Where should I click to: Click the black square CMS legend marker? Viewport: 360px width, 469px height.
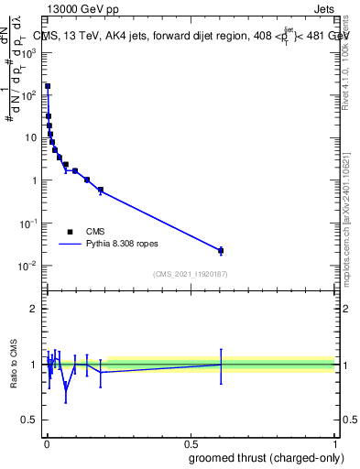tap(70, 232)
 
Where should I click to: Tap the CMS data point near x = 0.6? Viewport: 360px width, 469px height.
tap(221, 250)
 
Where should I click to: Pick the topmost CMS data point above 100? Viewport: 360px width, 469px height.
tap(48, 86)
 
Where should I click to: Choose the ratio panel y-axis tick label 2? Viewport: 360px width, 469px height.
tap(35, 309)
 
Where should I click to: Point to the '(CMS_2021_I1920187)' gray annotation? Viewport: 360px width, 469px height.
tap(190, 274)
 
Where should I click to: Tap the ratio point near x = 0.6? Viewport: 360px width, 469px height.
tap(221, 364)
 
